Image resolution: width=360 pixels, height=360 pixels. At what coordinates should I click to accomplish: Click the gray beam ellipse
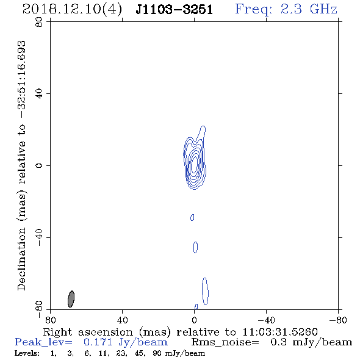71,299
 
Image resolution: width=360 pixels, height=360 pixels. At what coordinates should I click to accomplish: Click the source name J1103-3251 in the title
175,10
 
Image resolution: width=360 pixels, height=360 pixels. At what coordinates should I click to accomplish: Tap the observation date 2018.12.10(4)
72,10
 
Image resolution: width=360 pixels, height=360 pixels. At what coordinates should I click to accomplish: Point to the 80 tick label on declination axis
39,22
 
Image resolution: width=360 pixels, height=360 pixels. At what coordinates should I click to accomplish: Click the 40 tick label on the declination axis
39,93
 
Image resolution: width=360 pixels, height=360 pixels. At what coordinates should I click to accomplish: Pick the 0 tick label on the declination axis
39,165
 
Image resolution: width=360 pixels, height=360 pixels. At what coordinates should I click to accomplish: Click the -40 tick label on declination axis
39,237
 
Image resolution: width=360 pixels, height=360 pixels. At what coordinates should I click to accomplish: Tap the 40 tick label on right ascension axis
122,320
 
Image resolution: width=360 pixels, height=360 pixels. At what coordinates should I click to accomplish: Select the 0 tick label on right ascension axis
194,320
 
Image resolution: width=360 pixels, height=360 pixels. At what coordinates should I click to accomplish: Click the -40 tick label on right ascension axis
266,320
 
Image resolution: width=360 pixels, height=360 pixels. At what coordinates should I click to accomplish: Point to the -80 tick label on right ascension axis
338,320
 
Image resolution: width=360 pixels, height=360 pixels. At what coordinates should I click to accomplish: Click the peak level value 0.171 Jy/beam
126,342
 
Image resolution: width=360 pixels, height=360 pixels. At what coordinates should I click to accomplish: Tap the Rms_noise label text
225,342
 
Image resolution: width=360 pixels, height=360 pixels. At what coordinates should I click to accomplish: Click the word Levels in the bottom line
27,353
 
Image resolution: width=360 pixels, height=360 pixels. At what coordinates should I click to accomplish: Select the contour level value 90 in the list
157,353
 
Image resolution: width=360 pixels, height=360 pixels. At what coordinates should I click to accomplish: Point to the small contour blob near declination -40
195,247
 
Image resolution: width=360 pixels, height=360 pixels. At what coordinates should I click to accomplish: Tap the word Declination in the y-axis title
21,259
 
